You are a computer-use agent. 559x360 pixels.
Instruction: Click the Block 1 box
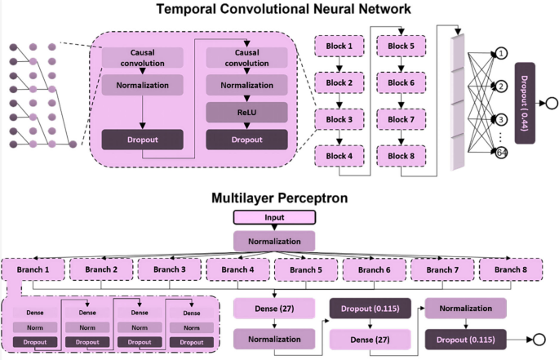[339, 47]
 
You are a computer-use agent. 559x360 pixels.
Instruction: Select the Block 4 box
[339, 156]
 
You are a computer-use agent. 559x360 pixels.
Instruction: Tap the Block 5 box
[400, 47]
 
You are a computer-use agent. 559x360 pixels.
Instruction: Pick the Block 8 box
[400, 156]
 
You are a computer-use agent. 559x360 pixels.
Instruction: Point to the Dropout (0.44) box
[523, 103]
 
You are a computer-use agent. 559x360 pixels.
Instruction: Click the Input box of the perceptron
[274, 218]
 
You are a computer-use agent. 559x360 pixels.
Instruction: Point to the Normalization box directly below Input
[274, 241]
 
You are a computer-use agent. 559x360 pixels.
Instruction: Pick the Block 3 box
[339, 120]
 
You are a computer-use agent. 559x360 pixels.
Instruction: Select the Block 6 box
[400, 83]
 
